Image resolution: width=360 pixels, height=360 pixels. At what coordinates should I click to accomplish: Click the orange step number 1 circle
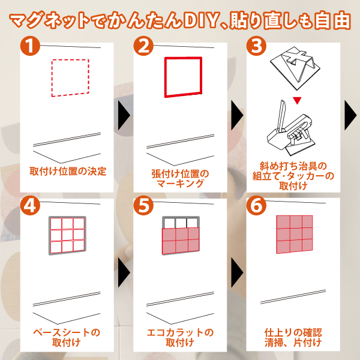tap(30, 46)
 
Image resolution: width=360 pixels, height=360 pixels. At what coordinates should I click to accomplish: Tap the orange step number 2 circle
tap(143, 46)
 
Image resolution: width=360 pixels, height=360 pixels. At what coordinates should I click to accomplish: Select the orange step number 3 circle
tap(256, 46)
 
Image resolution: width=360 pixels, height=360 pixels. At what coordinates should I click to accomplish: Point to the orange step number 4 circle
tap(30, 205)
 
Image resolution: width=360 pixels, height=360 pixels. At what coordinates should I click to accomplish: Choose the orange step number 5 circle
tap(143, 205)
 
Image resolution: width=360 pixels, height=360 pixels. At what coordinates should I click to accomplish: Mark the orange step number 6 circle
tap(256, 205)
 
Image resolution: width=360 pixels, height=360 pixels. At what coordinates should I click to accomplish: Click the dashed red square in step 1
tap(52, 78)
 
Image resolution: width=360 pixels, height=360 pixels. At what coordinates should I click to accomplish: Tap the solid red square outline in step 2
tap(166, 77)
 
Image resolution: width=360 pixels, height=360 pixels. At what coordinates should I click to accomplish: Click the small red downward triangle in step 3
tap(297, 101)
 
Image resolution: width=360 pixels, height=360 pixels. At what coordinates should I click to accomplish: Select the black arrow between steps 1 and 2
tap(124, 115)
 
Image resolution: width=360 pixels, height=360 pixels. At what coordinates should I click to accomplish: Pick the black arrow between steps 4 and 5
tap(124, 272)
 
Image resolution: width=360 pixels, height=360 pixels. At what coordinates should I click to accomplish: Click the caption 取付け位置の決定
tap(68, 171)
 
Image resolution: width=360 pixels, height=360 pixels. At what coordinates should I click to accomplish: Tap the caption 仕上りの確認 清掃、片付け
tap(293, 337)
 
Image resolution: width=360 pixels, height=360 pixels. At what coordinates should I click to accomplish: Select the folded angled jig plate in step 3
tap(295, 68)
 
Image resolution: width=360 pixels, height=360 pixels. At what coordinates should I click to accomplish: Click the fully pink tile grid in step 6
tap(295, 234)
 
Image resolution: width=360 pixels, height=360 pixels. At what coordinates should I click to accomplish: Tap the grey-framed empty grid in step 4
tap(67, 235)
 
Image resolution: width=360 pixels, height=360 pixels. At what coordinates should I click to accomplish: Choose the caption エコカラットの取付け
tap(180, 337)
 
